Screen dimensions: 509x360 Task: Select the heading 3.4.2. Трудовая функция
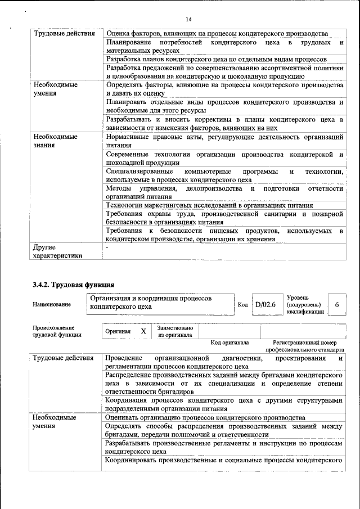click(74, 285)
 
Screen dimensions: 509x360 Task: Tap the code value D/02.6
click(265, 304)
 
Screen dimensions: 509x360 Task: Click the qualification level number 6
click(336, 304)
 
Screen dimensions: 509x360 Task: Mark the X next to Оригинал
click(143, 331)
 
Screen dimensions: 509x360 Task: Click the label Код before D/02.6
click(243, 304)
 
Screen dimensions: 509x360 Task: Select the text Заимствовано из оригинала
click(175, 331)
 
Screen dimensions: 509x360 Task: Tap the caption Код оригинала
click(229, 343)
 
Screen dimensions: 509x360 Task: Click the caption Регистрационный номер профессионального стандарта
click(308, 346)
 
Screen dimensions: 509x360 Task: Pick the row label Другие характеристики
click(58, 251)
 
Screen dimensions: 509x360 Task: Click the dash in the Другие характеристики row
click(106, 247)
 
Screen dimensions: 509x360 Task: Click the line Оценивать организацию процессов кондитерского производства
click(205, 418)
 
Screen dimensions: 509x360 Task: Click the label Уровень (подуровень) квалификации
click(305, 304)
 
